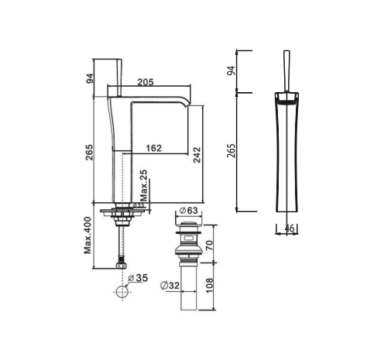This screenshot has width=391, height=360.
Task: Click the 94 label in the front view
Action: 89,77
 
